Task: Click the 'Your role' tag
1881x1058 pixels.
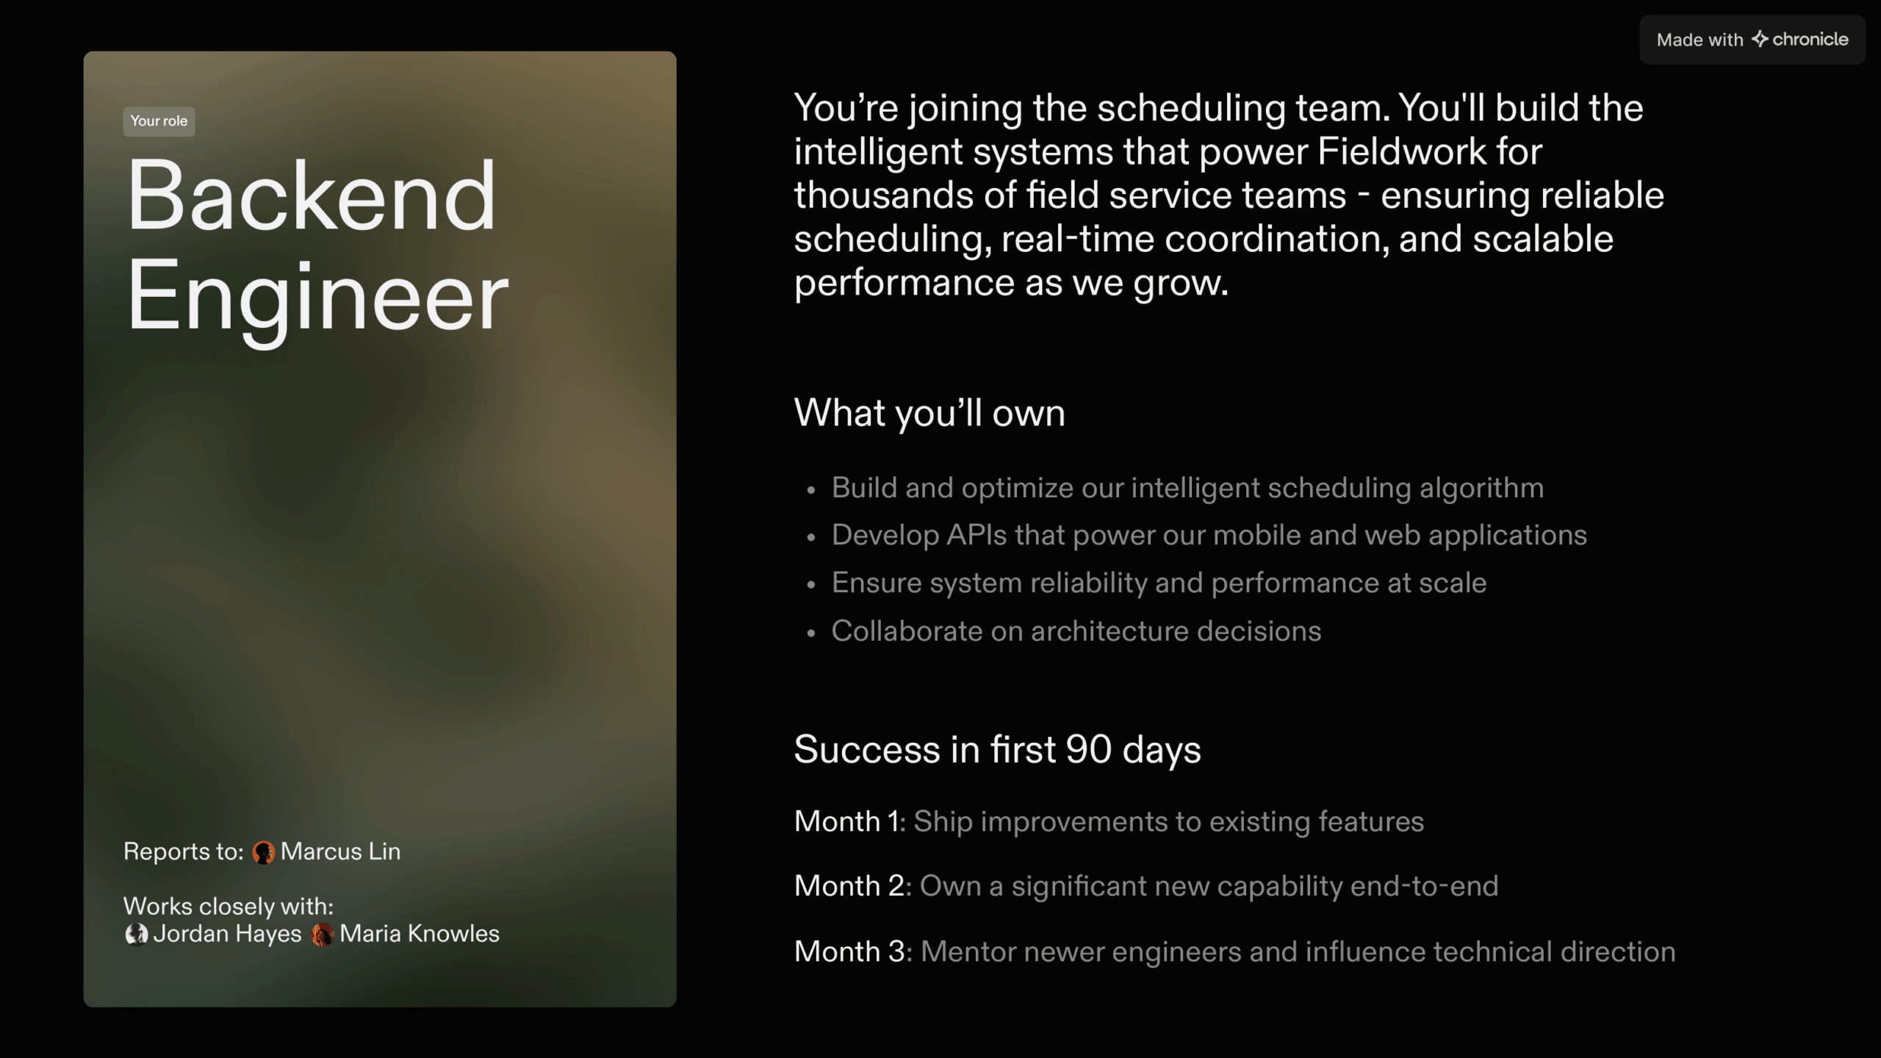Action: click(159, 121)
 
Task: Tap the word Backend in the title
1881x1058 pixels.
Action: click(312, 197)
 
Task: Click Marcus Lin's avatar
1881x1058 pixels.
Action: click(263, 852)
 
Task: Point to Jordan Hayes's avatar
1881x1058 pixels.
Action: click(136, 935)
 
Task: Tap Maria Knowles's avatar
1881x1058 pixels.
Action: click(322, 935)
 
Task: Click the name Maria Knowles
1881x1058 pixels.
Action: click(419, 934)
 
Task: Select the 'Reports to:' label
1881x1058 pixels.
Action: click(183, 852)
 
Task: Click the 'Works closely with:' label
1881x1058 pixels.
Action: click(228, 907)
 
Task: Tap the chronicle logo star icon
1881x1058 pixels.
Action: click(1760, 39)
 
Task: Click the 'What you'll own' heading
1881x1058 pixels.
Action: click(929, 413)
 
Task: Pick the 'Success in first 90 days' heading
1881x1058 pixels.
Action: click(997, 749)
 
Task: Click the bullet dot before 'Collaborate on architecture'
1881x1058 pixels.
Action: click(811, 633)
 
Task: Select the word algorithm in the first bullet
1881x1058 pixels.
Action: click(1481, 488)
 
